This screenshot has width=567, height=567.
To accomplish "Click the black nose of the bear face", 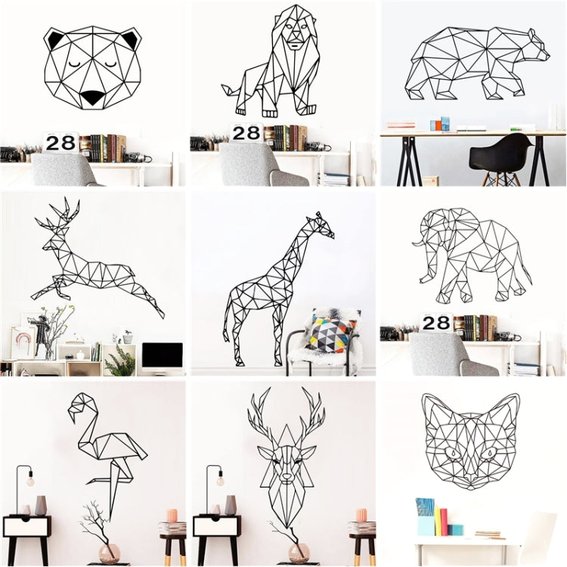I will [93, 98].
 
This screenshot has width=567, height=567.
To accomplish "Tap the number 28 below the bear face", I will [61, 142].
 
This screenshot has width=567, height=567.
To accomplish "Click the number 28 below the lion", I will [246, 133].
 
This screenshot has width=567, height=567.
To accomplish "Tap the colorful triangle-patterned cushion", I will [330, 333].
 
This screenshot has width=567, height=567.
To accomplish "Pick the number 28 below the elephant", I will [436, 324].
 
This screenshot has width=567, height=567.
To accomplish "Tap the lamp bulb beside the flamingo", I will [31, 481].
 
